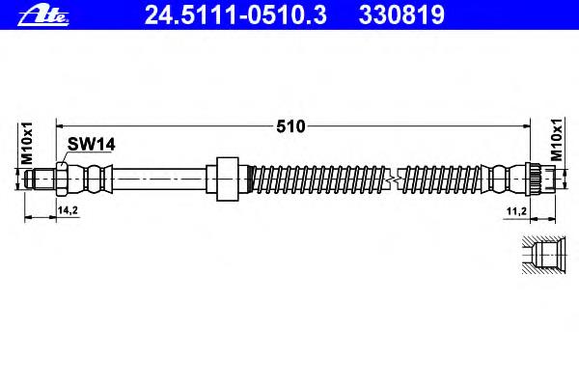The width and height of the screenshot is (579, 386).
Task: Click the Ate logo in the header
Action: (43, 16)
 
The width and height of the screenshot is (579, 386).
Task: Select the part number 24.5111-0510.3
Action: (235, 15)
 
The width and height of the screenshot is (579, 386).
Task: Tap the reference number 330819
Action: (401, 15)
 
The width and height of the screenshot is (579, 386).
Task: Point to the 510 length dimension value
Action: (291, 126)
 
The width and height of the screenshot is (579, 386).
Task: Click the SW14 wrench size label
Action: (92, 145)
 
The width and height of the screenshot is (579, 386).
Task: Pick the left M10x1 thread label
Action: (27, 144)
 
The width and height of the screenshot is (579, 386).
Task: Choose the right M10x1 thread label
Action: (557, 140)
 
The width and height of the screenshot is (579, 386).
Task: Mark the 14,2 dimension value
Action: (68, 210)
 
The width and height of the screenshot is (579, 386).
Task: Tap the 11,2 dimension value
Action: (516, 211)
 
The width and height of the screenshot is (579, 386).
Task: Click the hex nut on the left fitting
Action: (62, 179)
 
